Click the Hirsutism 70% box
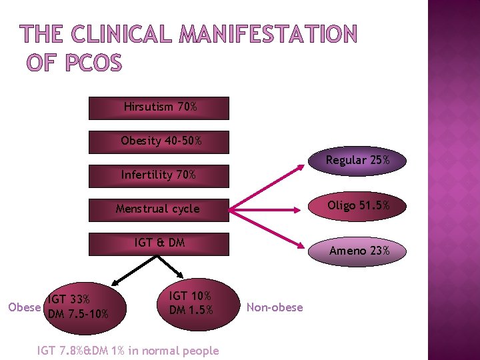coord(159,107)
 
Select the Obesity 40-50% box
coord(159,141)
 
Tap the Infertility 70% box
coord(159,175)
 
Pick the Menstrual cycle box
coord(159,209)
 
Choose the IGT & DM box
coord(159,243)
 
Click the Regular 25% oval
coord(357,161)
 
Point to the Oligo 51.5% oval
coord(357,205)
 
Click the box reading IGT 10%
coord(191,303)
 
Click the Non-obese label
coord(275,307)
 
